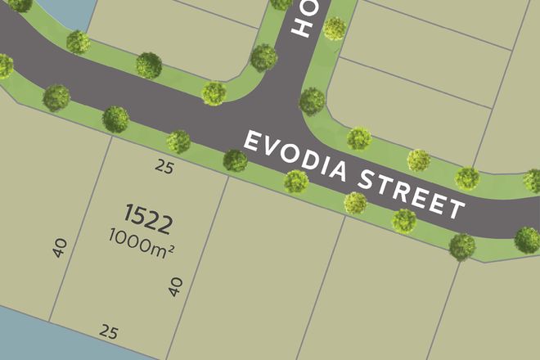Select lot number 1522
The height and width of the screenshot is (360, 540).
click(148, 218)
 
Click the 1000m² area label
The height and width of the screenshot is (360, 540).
click(141, 240)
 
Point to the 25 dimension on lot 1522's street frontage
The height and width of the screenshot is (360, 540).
click(164, 167)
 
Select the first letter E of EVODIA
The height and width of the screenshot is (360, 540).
click(252, 141)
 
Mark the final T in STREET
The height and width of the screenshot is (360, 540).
click(454, 208)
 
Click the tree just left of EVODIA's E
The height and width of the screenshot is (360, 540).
click(236, 160)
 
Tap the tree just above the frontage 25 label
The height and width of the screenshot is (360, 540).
click(178, 142)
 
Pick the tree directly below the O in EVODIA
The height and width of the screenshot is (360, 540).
click(296, 181)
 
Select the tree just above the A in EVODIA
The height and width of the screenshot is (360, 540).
click(359, 139)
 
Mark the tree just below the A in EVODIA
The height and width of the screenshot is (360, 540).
click(355, 202)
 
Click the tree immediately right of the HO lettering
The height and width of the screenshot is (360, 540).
click(334, 29)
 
